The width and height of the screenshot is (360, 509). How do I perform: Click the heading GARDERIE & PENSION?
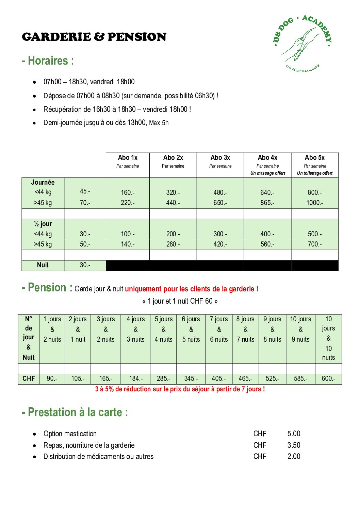click(94, 37)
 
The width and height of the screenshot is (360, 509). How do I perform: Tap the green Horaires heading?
click(48, 61)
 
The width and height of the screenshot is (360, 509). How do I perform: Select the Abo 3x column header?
click(220, 158)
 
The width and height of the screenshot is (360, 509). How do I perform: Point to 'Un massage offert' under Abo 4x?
click(268, 173)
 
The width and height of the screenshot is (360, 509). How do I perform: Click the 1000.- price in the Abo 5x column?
click(315, 203)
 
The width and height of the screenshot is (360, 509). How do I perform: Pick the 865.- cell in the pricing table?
click(267, 203)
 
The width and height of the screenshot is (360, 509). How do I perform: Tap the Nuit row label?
click(43, 265)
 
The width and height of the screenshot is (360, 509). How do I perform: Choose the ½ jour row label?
click(43, 224)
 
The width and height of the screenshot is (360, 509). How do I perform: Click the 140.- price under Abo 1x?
click(128, 244)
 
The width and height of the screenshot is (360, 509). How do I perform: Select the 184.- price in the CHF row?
click(136, 378)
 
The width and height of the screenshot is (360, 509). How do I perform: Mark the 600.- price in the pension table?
click(328, 378)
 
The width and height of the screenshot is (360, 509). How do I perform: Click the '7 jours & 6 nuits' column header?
click(219, 329)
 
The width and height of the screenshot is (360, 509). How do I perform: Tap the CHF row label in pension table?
click(29, 378)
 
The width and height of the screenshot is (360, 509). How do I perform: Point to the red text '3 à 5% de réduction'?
click(180, 389)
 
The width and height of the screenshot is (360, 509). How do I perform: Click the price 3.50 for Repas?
click(294, 445)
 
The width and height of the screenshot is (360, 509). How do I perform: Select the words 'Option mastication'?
click(70, 434)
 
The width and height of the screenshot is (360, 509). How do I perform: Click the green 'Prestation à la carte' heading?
click(75, 412)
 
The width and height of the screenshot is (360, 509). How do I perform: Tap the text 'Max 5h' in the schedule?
click(159, 123)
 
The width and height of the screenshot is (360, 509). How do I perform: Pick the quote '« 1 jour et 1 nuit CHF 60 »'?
click(180, 301)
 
